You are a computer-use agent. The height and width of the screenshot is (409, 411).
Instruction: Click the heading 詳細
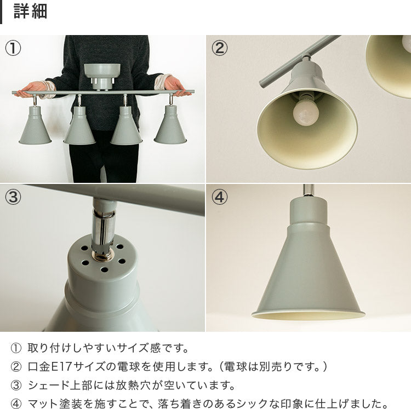point(30,11)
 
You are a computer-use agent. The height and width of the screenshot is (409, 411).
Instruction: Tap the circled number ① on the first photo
point(13,48)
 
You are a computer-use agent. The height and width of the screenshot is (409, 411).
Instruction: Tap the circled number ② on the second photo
point(219,48)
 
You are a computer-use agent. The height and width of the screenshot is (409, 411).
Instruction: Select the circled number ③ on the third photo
point(13,197)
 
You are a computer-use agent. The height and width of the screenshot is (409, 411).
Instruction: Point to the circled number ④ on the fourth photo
point(219,197)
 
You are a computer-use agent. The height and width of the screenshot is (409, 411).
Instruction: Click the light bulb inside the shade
point(306,111)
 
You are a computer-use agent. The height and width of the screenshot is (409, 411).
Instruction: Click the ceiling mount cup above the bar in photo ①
point(102,76)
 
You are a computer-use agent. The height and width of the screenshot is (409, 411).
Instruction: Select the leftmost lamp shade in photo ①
point(35,125)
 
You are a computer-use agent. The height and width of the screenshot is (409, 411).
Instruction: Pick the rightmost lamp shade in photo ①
point(170,125)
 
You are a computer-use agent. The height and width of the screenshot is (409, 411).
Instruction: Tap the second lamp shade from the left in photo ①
point(79,125)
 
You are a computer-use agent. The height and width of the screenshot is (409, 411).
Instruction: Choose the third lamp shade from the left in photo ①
point(127,125)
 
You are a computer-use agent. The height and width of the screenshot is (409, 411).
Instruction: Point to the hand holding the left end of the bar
point(31,89)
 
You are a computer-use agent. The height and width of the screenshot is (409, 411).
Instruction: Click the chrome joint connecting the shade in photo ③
point(103,235)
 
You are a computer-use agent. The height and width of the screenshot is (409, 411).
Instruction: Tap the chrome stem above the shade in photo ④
point(309,191)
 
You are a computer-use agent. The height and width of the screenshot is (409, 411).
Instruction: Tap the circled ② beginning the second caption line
point(16,367)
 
